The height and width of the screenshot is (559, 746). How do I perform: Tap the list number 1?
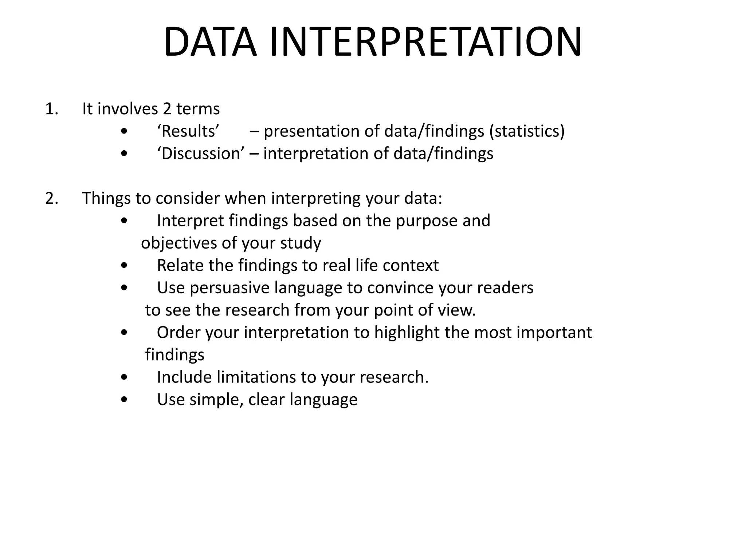[x=51, y=109]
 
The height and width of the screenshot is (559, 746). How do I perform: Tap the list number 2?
[x=51, y=199]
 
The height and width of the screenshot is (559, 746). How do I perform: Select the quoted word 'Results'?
[x=188, y=131]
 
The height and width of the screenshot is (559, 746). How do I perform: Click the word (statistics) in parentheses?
[x=527, y=131]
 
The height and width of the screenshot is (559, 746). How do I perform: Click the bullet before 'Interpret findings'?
[x=124, y=221]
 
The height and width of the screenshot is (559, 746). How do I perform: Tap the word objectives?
[x=178, y=243]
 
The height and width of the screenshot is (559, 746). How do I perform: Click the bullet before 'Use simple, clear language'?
[x=124, y=400]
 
